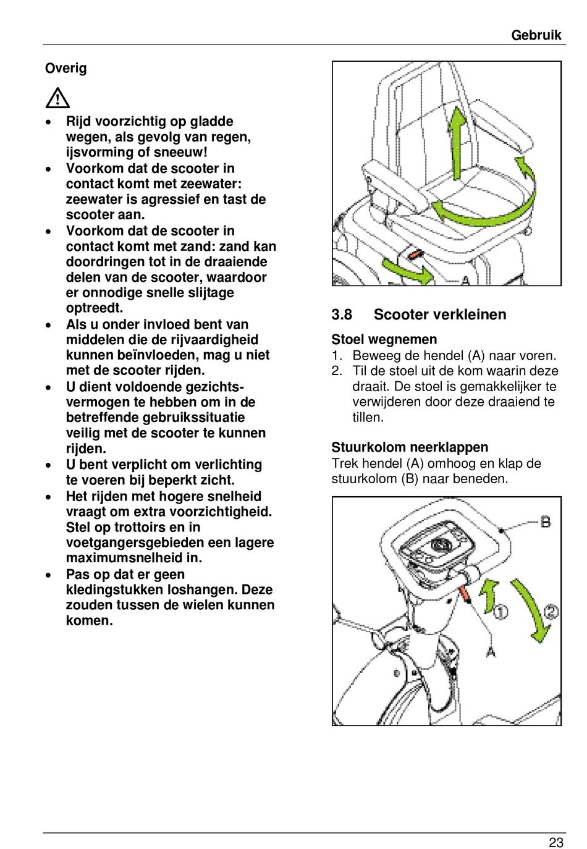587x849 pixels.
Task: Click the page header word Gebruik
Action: (x=536, y=35)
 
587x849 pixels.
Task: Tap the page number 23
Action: (x=555, y=842)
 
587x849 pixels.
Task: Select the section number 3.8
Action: (x=342, y=315)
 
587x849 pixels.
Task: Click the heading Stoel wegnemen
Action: (x=384, y=339)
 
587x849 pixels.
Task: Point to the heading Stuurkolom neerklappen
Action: (x=409, y=447)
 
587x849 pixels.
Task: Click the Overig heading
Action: (x=65, y=68)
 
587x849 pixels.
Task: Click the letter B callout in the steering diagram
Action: (x=546, y=522)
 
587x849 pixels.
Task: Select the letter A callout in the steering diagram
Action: (x=491, y=651)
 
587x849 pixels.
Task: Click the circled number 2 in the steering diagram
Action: (x=551, y=612)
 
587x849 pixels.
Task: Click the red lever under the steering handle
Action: (x=465, y=594)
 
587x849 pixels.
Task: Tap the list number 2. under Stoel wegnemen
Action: (x=337, y=371)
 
